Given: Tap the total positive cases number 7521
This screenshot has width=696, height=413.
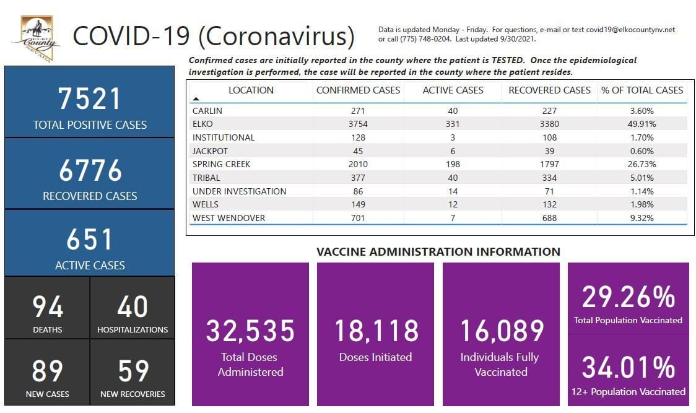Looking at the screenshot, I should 90,99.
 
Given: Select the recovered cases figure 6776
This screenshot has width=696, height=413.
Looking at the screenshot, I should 90,170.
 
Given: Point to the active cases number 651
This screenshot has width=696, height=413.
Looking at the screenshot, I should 90,240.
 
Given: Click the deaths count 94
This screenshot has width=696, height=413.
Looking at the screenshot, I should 48,307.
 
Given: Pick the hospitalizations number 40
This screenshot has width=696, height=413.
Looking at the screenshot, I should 133,307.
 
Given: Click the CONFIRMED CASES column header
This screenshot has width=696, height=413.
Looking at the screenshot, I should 358,90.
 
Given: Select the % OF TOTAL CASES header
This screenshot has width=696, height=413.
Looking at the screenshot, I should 642,90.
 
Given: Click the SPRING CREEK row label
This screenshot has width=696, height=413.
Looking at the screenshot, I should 222,165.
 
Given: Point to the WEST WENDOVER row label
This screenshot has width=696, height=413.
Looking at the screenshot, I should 229,218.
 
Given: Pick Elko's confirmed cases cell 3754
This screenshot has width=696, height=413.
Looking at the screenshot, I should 358,124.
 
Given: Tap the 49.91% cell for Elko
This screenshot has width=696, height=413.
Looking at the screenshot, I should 642,124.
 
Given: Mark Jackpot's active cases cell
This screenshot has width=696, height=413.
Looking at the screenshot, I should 453,151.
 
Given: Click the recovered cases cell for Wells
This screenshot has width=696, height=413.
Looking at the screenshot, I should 549,204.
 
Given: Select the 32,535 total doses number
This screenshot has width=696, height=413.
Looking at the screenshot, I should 250,331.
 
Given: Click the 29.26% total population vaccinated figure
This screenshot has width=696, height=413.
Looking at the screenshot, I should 628,298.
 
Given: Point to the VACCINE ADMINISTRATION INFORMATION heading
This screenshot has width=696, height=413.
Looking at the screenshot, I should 438,252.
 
